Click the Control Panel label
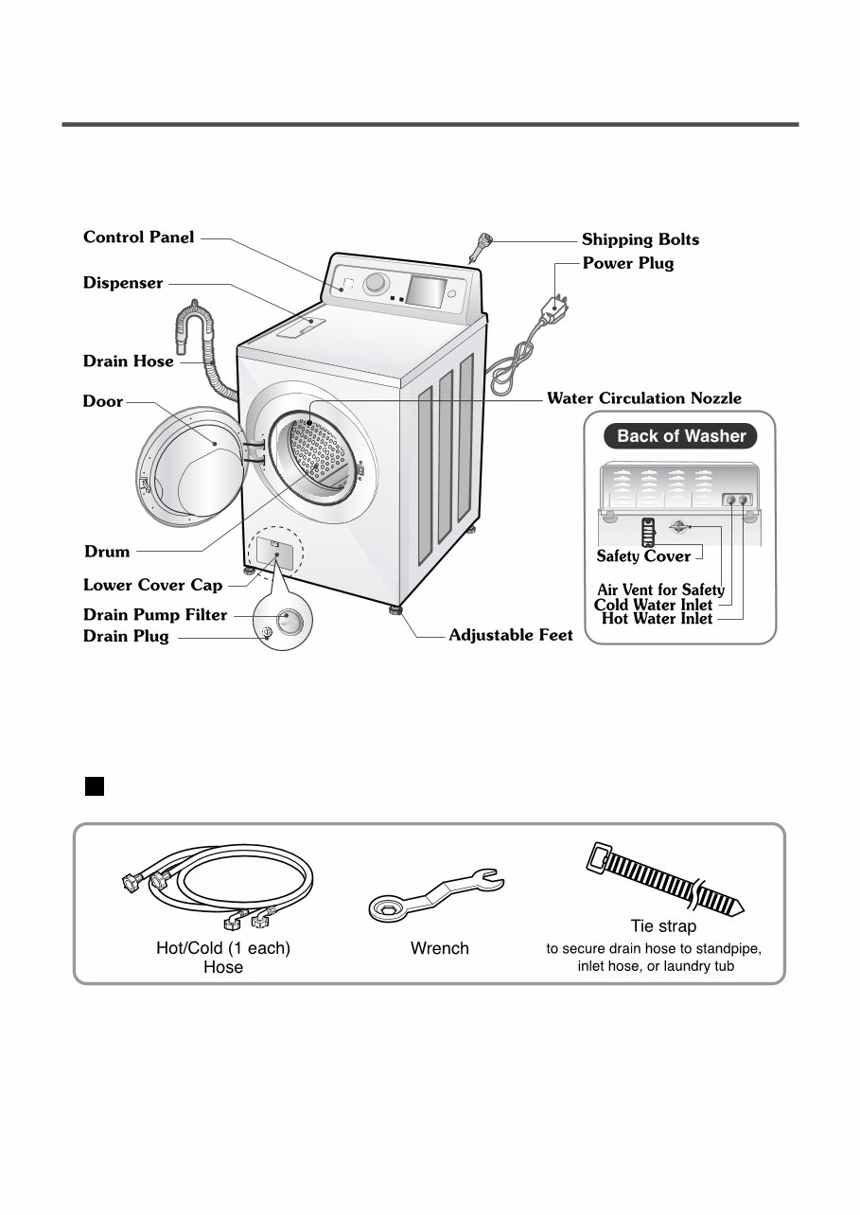(x=139, y=238)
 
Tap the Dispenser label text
(x=123, y=283)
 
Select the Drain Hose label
(x=129, y=361)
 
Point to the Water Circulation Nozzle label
(x=644, y=398)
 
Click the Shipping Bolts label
(x=641, y=240)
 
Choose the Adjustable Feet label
(x=511, y=636)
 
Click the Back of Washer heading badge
(x=681, y=436)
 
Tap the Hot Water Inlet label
(x=657, y=620)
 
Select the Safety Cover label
(x=643, y=556)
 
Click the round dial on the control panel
(x=377, y=284)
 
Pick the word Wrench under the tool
(x=439, y=948)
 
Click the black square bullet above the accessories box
(x=94, y=786)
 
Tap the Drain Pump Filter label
(x=155, y=615)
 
